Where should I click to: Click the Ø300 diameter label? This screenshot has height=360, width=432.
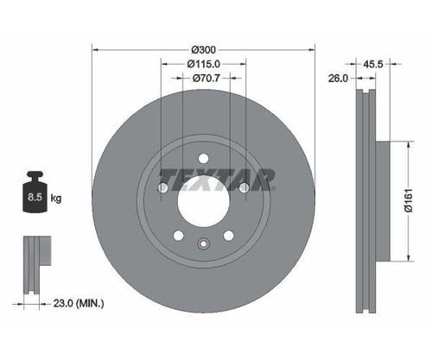coord(204,50)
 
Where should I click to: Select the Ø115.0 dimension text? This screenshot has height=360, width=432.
coord(204,64)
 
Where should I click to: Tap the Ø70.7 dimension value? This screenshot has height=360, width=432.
coord(206,78)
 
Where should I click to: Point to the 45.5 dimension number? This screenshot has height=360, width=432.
coord(373,64)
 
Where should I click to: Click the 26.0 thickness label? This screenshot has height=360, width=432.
coord(339,79)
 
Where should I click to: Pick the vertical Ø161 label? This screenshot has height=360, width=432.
coord(409,200)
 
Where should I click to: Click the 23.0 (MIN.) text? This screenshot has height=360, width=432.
coord(79,303)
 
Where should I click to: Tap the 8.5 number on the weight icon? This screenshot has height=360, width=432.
coord(35,197)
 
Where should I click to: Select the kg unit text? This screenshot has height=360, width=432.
coord(56,198)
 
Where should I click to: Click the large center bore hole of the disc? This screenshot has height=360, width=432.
coord(203,201)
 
